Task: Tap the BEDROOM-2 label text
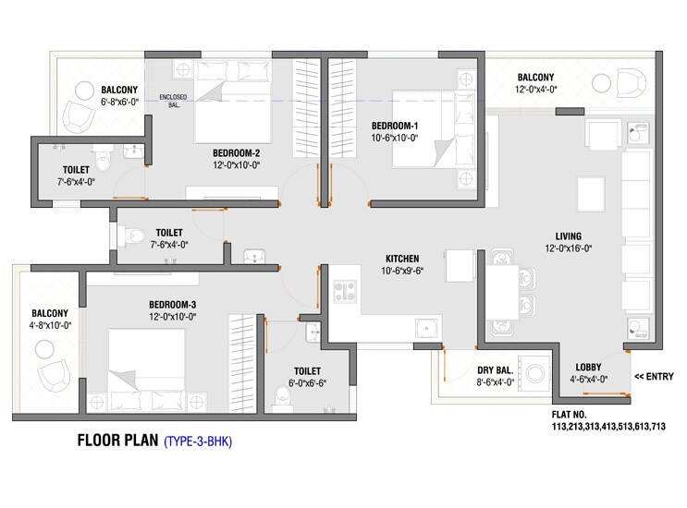pos(236,152)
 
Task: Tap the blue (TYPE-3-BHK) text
pos(198,442)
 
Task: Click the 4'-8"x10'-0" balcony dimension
pos(51,324)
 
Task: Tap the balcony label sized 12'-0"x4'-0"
pos(536,77)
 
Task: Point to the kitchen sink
pos(426,324)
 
